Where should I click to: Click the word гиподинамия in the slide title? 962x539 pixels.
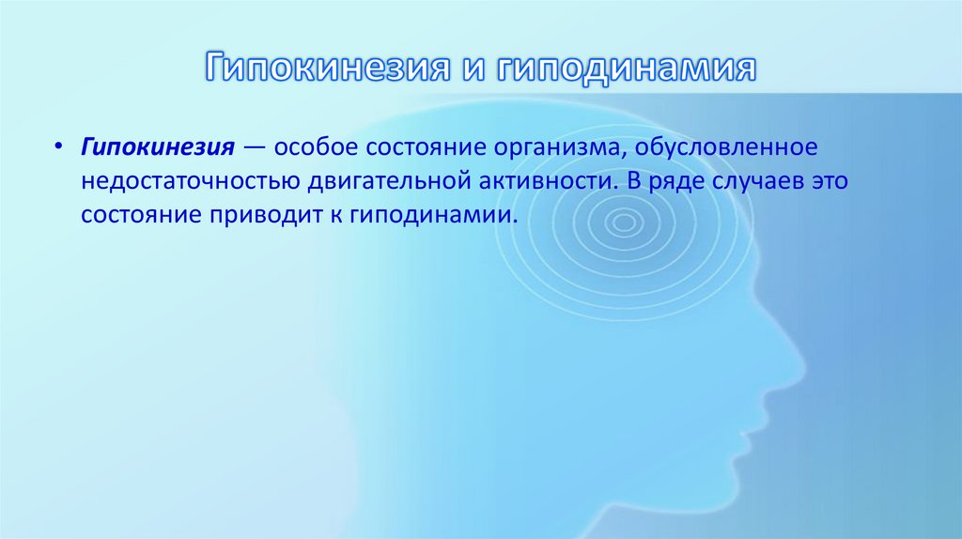pos(626,69)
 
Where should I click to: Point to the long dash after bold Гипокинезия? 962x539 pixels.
pos(254,148)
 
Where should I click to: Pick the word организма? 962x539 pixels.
pos(555,148)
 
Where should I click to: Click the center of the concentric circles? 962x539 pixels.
pos(622,223)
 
